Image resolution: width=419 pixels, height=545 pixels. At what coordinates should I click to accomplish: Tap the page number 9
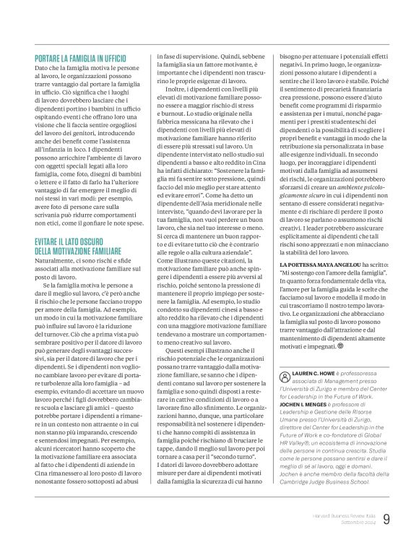click(x=387, y=518)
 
